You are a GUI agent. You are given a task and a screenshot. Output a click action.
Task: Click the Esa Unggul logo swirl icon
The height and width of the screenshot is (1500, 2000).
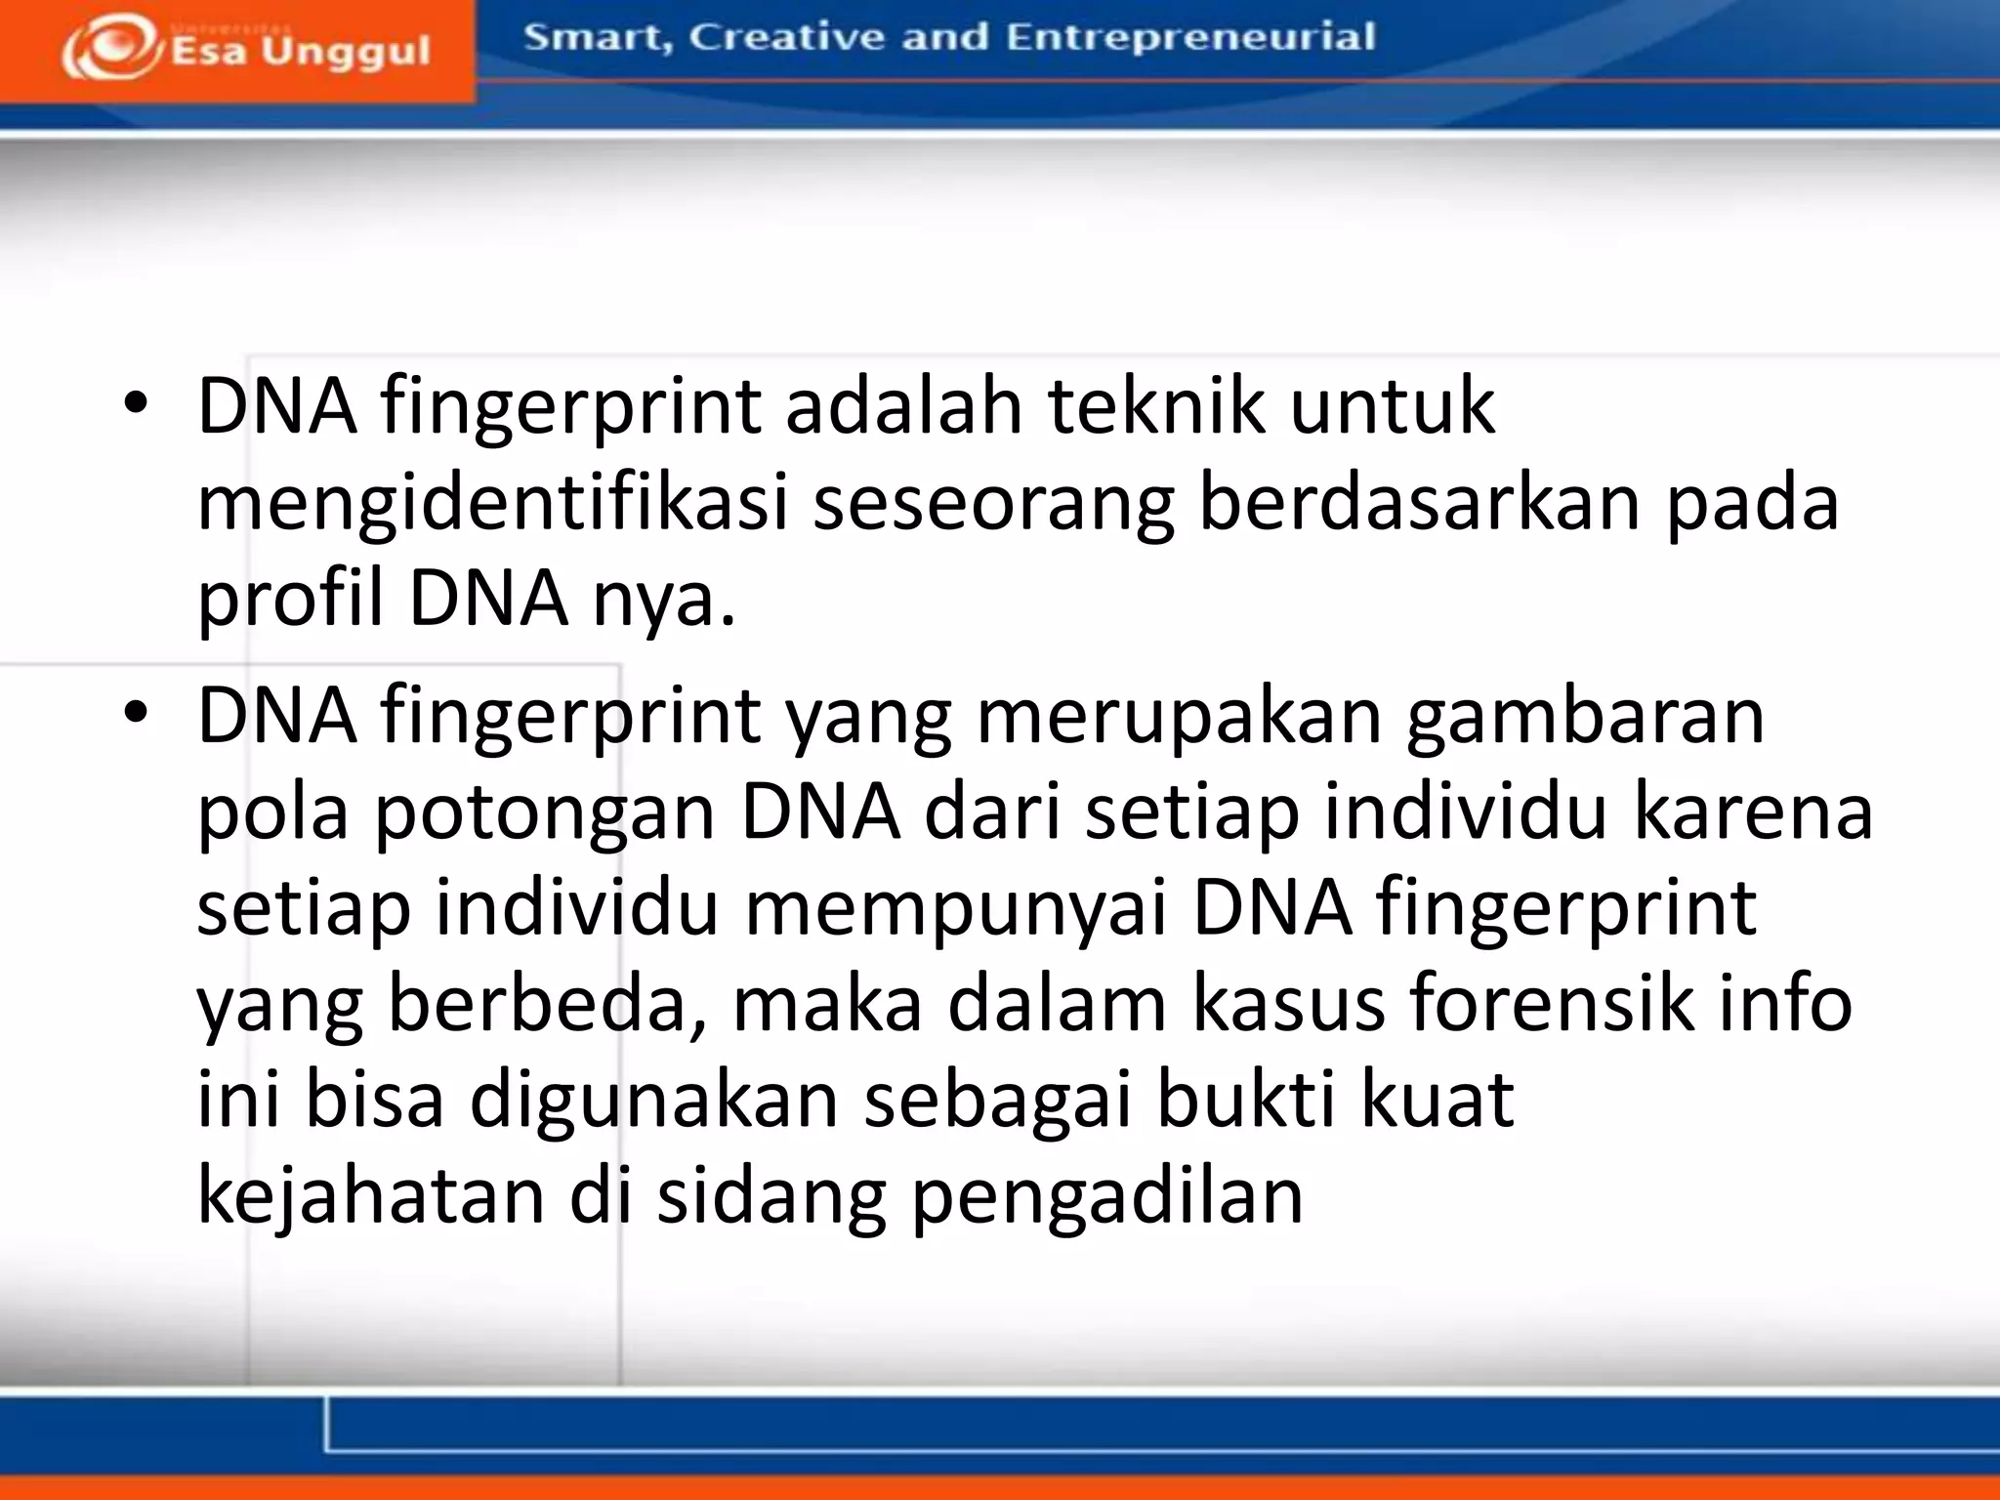pyautogui.click(x=110, y=47)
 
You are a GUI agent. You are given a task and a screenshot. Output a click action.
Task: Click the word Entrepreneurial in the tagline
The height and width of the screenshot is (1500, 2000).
pyautogui.click(x=1190, y=37)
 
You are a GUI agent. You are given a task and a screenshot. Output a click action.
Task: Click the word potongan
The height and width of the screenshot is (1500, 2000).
pyautogui.click(x=545, y=812)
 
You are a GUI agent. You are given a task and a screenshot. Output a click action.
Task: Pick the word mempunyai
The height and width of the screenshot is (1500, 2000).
pyautogui.click(x=957, y=908)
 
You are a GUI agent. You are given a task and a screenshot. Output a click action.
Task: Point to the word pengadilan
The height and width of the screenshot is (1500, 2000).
pyautogui.click(x=1107, y=1197)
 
